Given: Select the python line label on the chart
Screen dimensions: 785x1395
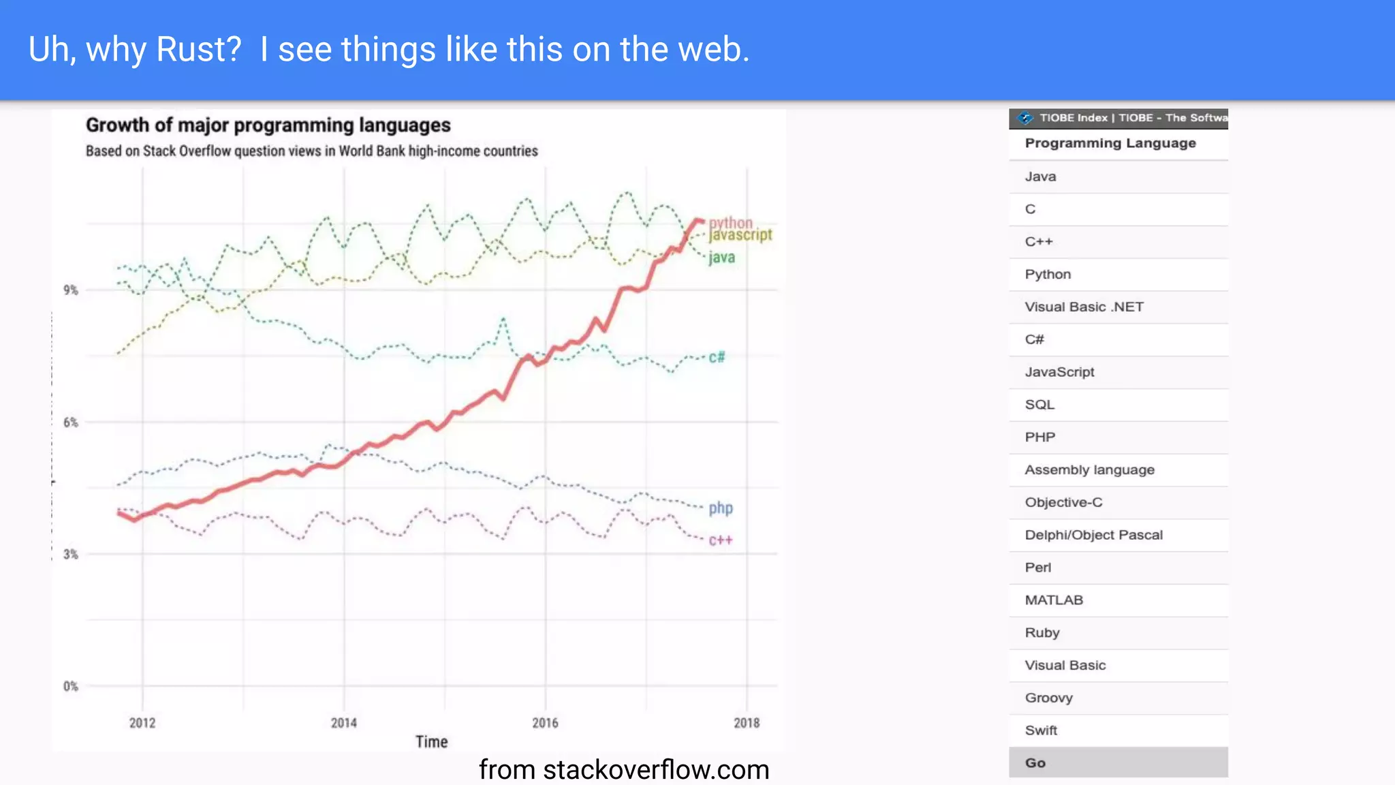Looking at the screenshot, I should [x=730, y=223].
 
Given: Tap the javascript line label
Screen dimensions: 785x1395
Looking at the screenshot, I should [x=740, y=235].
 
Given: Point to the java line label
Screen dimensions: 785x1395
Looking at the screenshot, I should [x=721, y=258].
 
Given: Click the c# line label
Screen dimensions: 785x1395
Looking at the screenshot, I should [x=717, y=357].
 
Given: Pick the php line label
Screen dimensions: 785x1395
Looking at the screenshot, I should [x=721, y=508].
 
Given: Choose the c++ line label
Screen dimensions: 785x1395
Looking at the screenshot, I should [x=721, y=540].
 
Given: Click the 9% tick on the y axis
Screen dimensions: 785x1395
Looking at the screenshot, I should [x=71, y=290].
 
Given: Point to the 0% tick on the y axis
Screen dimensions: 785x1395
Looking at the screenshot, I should [x=71, y=686].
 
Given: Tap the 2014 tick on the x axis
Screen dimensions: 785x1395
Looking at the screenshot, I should [x=344, y=723].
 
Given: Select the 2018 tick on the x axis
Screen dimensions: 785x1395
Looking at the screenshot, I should [x=747, y=723].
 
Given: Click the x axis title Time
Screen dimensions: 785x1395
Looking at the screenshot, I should [x=432, y=742].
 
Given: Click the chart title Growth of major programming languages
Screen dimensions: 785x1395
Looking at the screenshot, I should [x=268, y=125].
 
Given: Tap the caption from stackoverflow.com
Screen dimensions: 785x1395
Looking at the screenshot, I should [x=624, y=770].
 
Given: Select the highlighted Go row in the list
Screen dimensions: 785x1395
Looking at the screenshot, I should [x=1118, y=763].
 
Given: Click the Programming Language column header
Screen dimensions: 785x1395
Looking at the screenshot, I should [x=1110, y=143].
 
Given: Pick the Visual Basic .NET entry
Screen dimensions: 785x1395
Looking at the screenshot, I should [x=1084, y=307].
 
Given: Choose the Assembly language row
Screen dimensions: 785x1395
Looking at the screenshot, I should [x=1089, y=470].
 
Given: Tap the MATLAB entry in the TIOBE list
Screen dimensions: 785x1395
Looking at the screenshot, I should [x=1054, y=600].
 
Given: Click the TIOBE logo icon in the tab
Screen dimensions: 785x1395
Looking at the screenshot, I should [x=1024, y=118].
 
